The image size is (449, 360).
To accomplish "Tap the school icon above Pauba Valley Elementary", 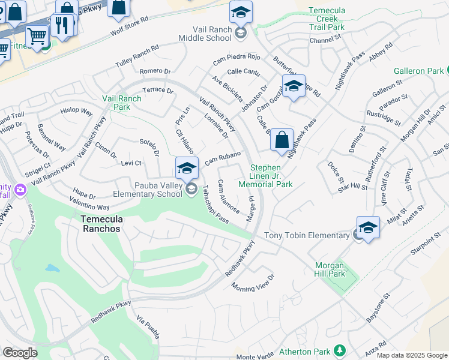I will click(187, 167).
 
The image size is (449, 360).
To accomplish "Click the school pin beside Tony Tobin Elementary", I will click(368, 228).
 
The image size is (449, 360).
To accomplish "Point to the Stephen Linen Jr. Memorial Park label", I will click(271, 176).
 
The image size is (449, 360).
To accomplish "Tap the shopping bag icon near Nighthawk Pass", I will click(282, 141).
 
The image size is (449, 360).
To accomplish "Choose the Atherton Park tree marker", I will click(340, 350).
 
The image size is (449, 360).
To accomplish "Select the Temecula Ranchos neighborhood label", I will click(101, 224).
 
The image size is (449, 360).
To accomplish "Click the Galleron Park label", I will click(418, 71).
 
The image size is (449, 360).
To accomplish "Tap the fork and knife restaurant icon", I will click(64, 25).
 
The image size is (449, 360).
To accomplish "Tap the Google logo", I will click(20, 353).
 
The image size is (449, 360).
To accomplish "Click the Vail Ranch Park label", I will click(116, 103).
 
